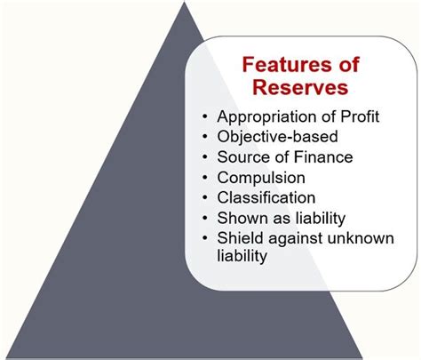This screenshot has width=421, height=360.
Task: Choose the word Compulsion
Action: (x=262, y=177)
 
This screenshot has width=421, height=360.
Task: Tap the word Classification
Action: (x=266, y=196)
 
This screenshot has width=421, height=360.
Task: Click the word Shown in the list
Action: (x=240, y=216)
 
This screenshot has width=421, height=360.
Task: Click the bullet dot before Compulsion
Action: (x=206, y=177)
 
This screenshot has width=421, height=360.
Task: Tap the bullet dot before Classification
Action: (x=206, y=196)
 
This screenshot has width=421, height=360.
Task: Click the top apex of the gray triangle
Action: (x=184, y=5)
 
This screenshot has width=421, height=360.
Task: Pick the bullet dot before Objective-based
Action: (x=206, y=138)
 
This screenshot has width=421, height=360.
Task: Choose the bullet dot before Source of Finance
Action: (x=206, y=157)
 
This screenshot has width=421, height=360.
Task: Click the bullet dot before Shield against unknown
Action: (x=206, y=236)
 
